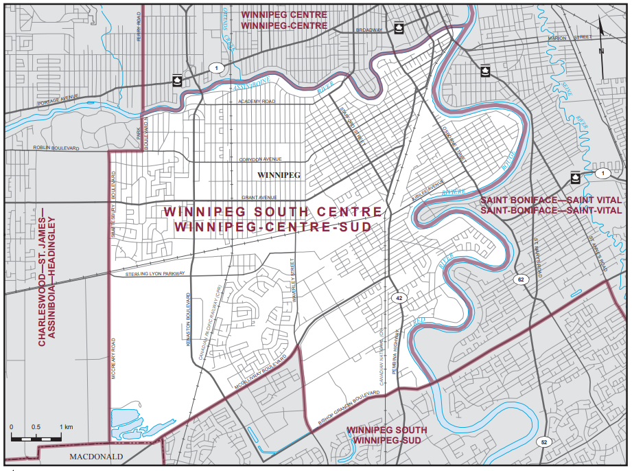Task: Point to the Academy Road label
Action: click(256, 101)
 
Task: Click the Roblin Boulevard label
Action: click(56, 148)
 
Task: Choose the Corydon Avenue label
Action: click(260, 159)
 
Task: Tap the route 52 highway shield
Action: click(543, 441)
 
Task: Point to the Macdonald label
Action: click(95, 456)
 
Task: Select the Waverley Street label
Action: click(292, 280)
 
